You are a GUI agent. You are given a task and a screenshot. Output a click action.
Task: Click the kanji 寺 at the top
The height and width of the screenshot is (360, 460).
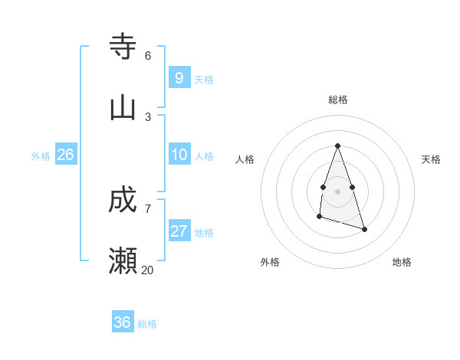123,47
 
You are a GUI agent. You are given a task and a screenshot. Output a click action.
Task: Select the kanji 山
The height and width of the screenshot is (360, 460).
123,107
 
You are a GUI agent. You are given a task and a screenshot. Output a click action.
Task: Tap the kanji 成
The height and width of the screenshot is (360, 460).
123,200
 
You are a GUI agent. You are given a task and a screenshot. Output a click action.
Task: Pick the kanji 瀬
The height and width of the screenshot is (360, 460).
123,260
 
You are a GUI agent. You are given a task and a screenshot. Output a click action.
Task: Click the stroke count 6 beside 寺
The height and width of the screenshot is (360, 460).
148,55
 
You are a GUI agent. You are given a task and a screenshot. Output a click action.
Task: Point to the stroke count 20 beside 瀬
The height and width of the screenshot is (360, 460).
147,270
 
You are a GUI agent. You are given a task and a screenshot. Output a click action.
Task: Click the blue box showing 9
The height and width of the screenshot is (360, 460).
179,78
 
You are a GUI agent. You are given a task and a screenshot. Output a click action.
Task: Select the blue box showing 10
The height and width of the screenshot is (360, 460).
179,155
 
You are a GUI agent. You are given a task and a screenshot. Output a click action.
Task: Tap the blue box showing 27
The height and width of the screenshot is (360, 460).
179,231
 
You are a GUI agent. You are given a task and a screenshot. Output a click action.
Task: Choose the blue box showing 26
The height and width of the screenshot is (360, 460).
65,155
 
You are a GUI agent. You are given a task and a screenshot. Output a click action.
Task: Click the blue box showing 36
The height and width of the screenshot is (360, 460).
122,322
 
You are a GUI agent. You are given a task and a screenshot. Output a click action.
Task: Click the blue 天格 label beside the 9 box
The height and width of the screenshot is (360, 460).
204,80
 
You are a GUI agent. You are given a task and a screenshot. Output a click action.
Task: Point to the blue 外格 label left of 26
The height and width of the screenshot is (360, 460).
41,156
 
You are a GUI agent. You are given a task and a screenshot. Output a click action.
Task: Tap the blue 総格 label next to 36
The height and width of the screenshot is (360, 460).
147,324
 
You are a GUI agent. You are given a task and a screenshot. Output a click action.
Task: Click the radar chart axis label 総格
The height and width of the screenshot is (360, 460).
338,100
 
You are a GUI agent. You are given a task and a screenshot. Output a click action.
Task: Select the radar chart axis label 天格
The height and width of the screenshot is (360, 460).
431,159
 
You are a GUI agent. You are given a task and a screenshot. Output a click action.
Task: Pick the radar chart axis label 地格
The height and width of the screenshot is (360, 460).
402,262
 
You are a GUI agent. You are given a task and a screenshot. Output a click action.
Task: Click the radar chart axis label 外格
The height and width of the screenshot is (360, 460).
270,262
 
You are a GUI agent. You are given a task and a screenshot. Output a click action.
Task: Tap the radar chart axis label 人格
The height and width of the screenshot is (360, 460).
245,159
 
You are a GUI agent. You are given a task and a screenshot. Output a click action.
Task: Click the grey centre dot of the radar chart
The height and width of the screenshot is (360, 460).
338,191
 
